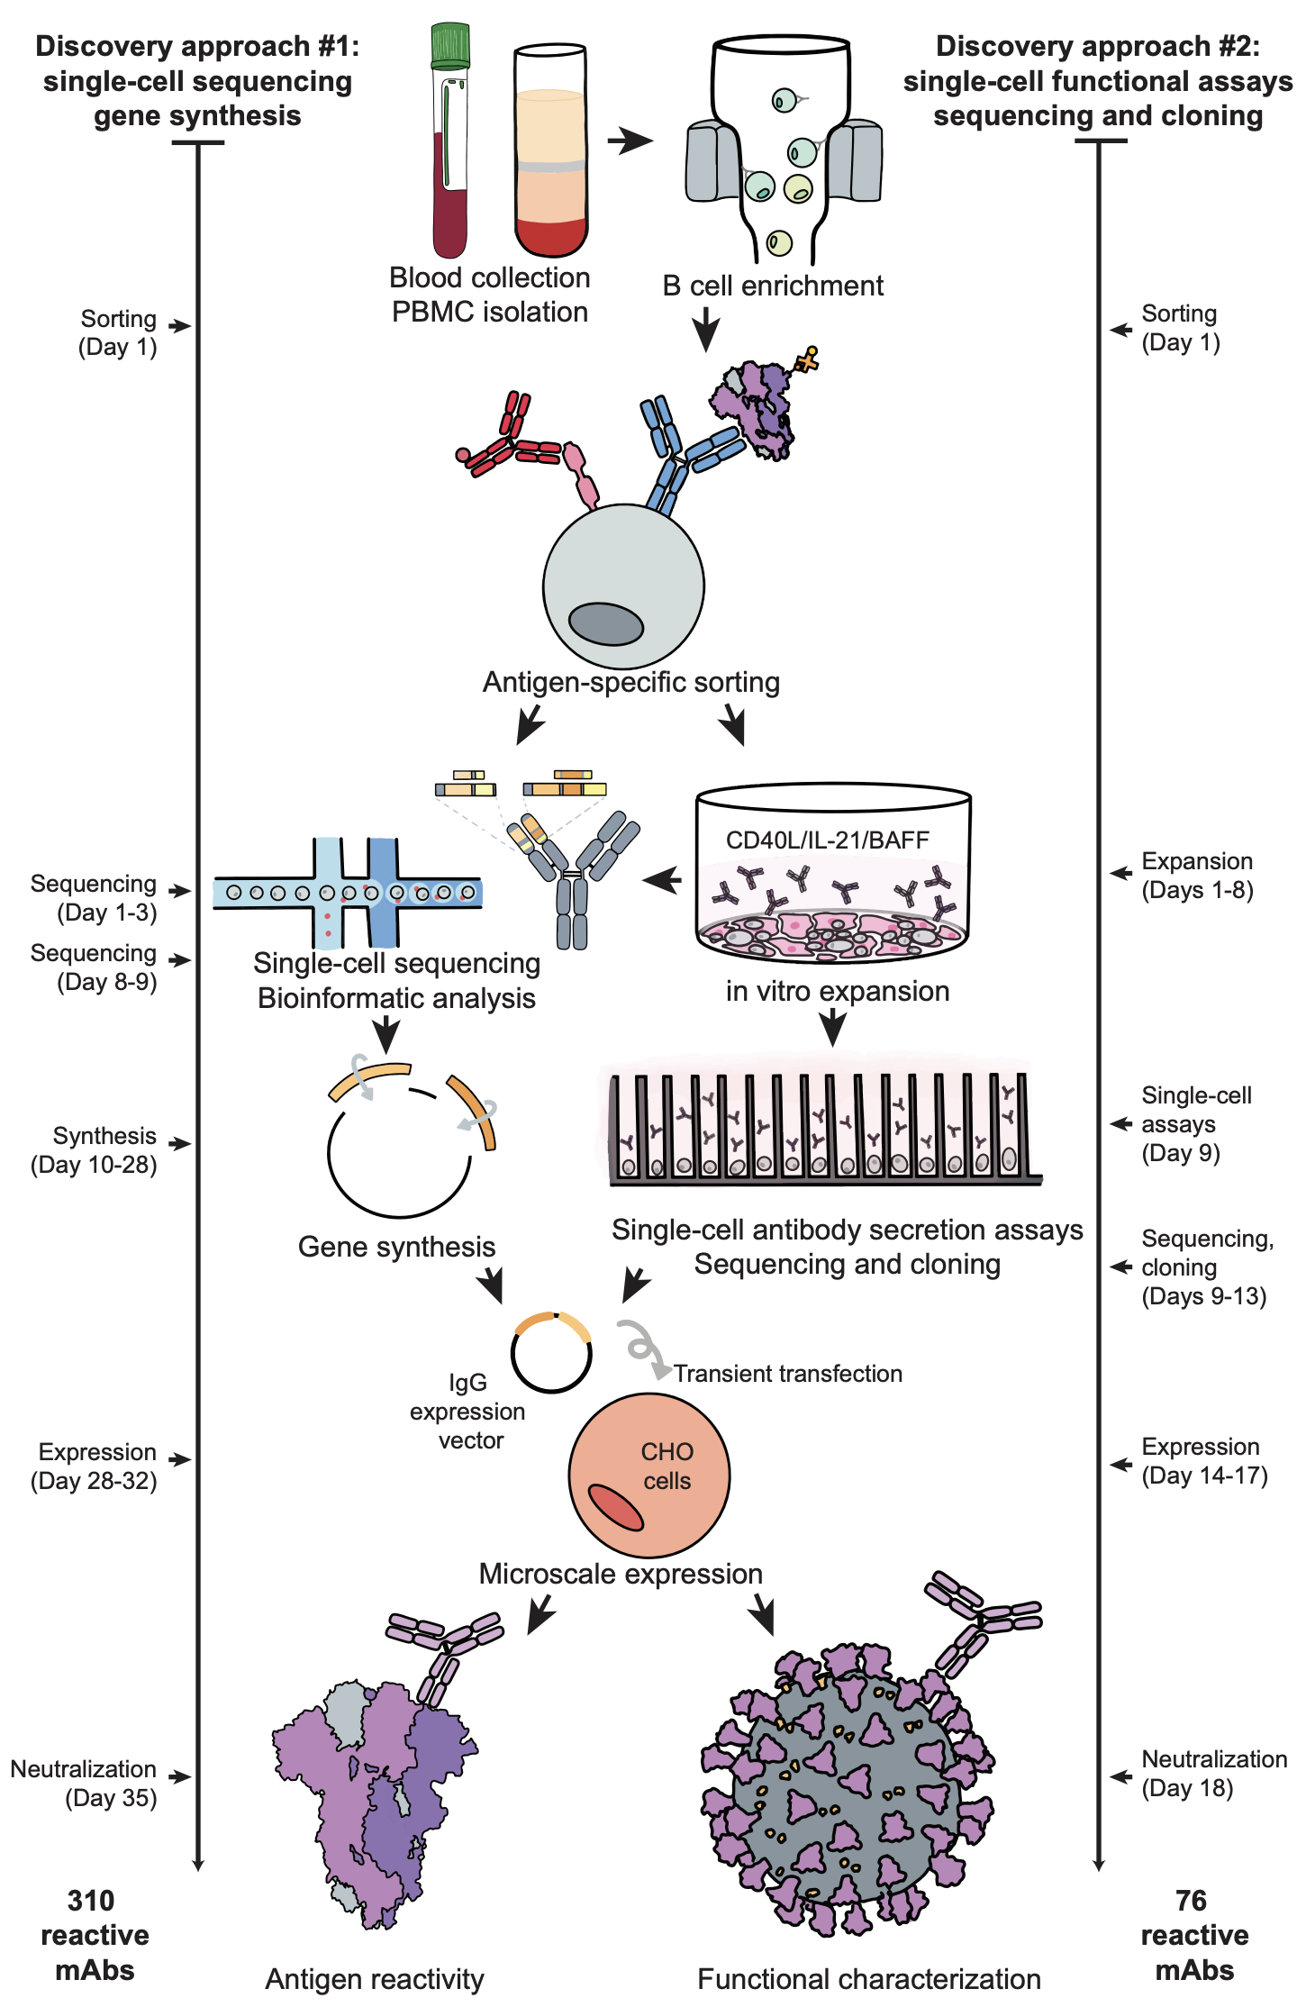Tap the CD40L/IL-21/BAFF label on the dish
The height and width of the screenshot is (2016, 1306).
pos(827,840)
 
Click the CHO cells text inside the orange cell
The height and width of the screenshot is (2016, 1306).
pos(667,1466)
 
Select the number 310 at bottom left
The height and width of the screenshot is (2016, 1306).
pos(91,1901)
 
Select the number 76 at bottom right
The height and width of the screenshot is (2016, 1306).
pos(1191,1901)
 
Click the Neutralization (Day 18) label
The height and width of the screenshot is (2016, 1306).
pos(1212,1773)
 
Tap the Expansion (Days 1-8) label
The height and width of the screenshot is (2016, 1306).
pos(1196,876)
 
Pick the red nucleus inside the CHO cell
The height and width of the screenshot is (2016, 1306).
pos(616,1508)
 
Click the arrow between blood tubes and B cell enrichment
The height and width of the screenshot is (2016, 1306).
pos(630,141)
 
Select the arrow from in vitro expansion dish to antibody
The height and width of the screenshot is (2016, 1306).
pos(663,879)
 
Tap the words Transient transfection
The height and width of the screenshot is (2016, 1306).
pos(788,1374)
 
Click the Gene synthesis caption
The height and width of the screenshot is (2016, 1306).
pos(396,1247)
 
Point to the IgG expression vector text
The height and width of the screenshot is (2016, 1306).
pos(467,1412)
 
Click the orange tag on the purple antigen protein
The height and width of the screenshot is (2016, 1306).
pos(807,359)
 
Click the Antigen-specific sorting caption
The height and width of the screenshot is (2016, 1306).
pos(630,682)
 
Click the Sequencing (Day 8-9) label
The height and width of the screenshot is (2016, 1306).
pos(95,967)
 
